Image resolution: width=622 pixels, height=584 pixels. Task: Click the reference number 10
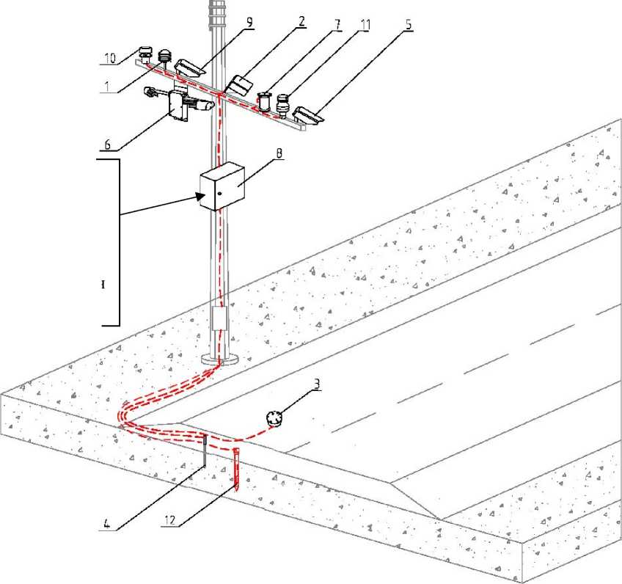coord(110,58)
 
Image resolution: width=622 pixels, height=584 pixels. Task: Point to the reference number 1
coord(106,86)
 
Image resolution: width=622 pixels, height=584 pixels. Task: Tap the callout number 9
coord(249,22)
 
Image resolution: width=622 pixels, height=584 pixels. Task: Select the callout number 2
coord(302,21)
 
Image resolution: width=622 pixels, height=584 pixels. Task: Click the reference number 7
coord(337,24)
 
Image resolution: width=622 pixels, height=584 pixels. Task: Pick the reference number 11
coord(365,25)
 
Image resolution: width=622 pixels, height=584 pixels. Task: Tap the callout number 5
coord(408,24)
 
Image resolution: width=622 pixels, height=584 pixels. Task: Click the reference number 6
coord(108,144)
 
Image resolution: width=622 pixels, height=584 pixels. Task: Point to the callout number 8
coord(279,153)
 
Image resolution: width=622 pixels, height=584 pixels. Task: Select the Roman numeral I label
coord(103,285)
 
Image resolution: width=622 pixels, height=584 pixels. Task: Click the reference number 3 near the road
coord(317,384)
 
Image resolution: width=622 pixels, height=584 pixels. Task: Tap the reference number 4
coord(106,523)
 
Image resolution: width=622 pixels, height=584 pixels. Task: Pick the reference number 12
coord(169,519)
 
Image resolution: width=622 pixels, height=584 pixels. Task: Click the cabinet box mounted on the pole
coord(222,186)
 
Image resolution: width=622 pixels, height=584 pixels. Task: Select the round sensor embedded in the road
coord(274,419)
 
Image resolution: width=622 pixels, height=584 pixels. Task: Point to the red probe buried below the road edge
coord(236,470)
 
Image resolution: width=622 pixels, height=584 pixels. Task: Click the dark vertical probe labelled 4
coord(205,450)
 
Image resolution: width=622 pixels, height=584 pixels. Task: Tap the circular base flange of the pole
coord(220,359)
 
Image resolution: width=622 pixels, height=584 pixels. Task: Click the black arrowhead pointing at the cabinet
coord(200,195)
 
